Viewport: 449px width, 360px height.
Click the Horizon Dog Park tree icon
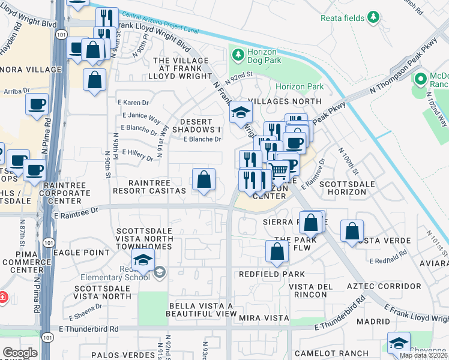tap(238, 55)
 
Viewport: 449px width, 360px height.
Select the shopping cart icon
tap(278, 171)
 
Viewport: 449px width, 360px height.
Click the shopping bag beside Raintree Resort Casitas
tap(203, 179)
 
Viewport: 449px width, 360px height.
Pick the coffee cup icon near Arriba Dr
tap(37, 104)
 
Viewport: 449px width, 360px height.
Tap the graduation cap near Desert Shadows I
tap(240, 112)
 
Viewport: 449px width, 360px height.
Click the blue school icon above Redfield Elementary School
tap(143, 260)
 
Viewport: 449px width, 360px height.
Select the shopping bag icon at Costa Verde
tap(352, 230)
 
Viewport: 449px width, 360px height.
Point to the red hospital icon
tap(3, 296)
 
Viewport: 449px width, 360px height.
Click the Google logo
tap(20, 353)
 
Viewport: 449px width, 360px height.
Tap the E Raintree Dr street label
tap(76, 212)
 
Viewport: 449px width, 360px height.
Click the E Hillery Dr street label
tap(138, 155)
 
